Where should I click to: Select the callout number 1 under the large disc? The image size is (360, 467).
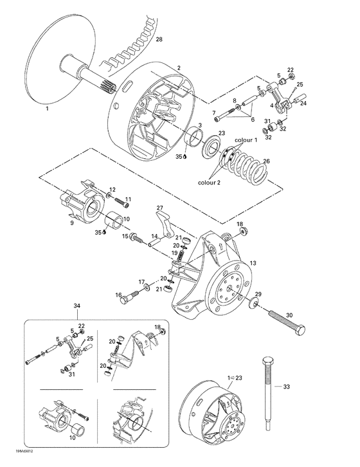pyautogui.click(x=47, y=110)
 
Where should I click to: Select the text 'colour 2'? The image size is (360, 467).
pyautogui.click(x=212, y=182)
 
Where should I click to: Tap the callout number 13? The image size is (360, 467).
pyautogui.click(x=253, y=263)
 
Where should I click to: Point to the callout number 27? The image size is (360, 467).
pyautogui.click(x=159, y=208)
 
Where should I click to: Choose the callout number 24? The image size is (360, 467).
pyautogui.click(x=304, y=103)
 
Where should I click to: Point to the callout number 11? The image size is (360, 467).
pyautogui.click(x=127, y=198)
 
